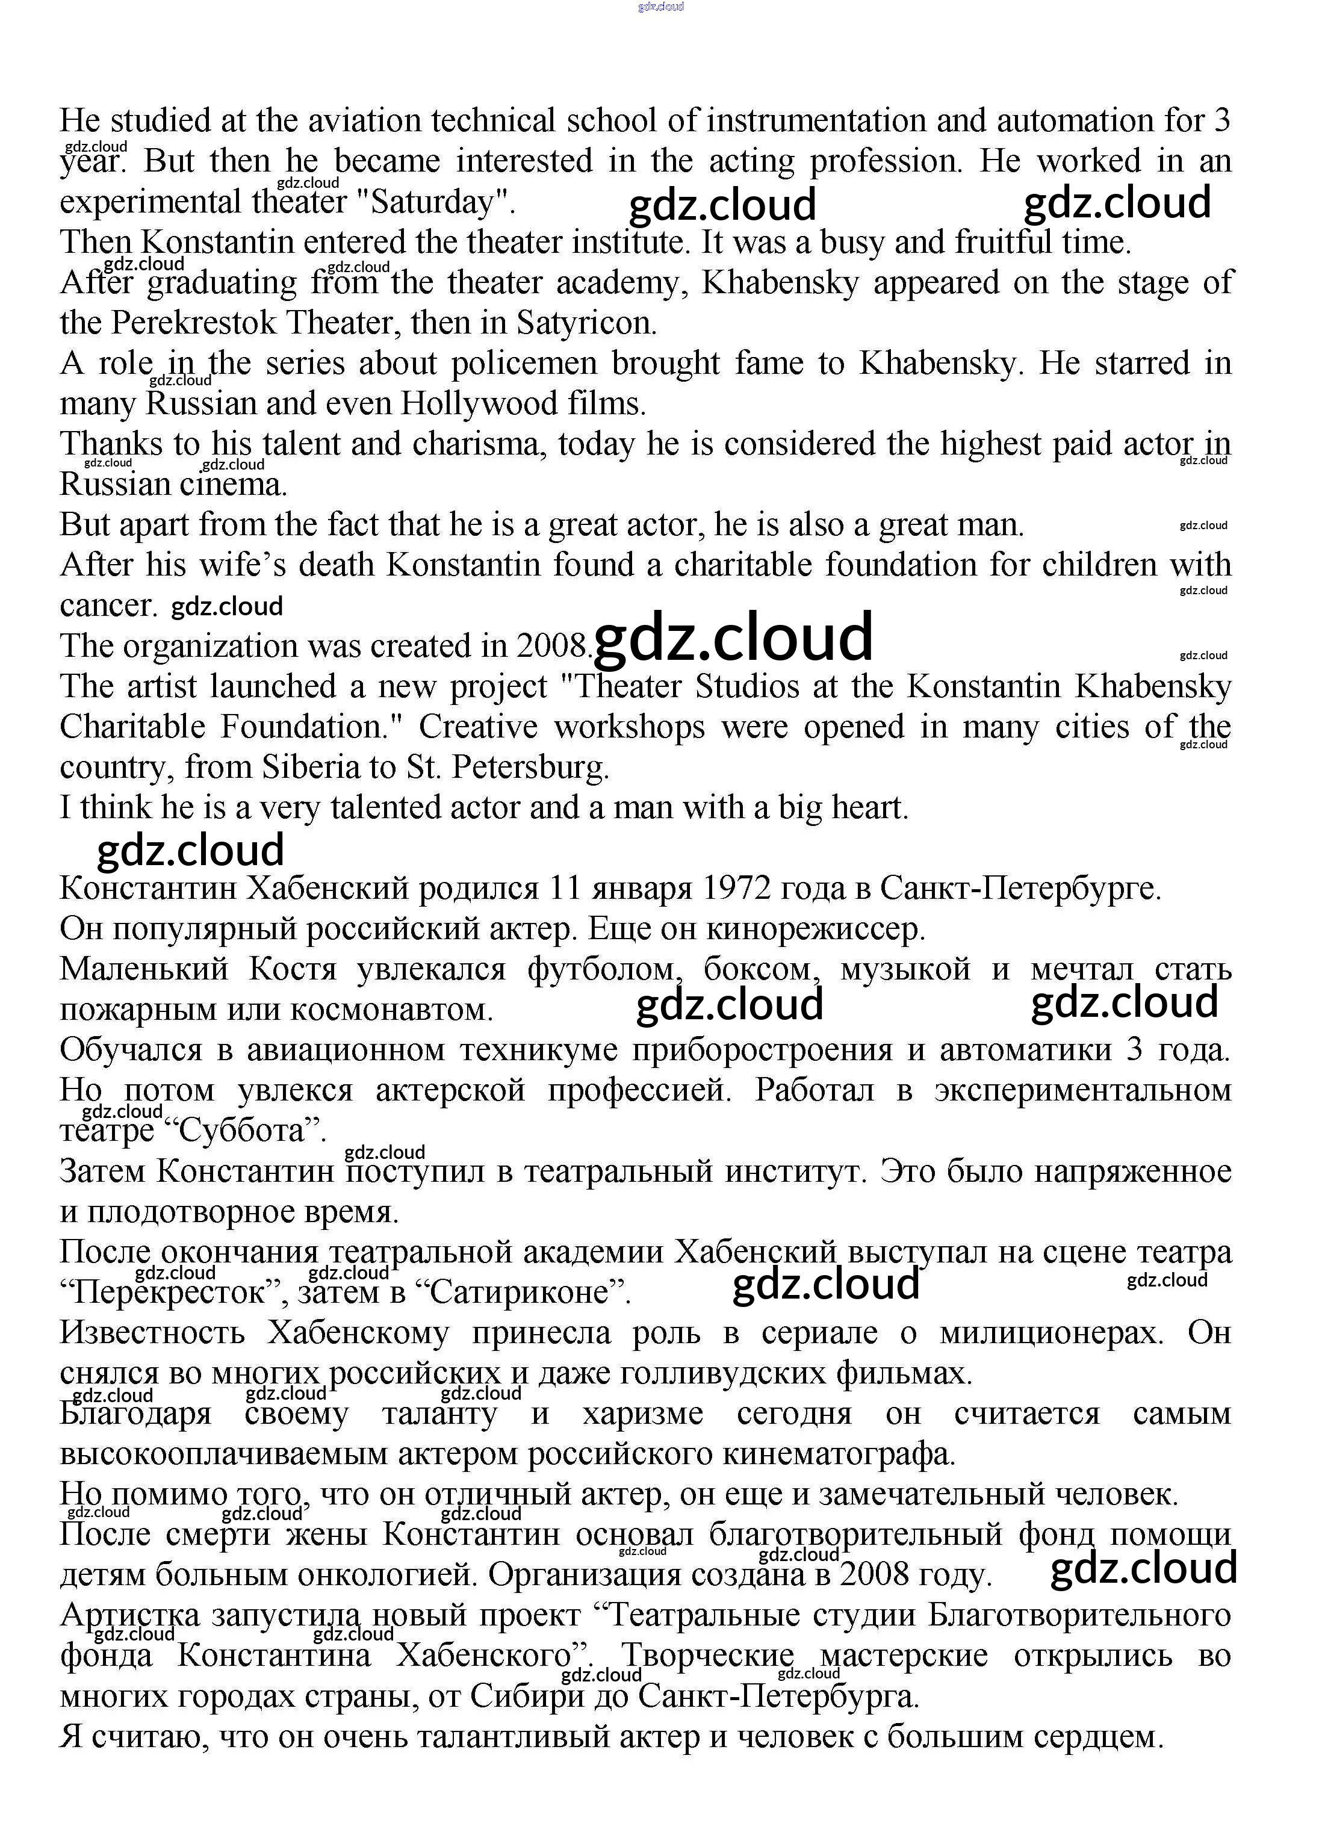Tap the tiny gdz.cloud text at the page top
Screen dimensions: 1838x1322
click(660, 7)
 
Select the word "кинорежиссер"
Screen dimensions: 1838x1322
click(815, 929)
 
